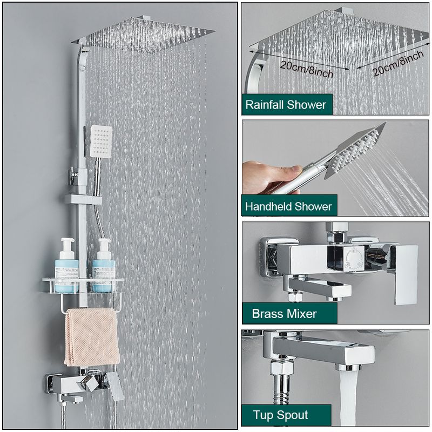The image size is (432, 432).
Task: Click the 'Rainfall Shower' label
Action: click(x=286, y=105)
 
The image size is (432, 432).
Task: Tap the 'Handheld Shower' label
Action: click(x=288, y=206)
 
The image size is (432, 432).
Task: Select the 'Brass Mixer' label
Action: click(x=284, y=314)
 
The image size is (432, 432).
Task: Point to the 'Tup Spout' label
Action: click(x=280, y=415)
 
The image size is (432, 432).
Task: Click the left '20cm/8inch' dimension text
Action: click(x=307, y=69)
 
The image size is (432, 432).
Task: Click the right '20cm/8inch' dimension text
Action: click(x=398, y=63)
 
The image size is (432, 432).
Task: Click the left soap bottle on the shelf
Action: click(x=66, y=265)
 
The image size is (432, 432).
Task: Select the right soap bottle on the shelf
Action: click(x=104, y=265)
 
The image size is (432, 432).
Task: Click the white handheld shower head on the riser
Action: click(x=101, y=141)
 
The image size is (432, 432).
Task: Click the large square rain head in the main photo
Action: click(x=143, y=35)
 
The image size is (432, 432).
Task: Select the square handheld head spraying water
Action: click(x=354, y=151)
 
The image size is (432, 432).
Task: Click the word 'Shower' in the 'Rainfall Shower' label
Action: click(x=306, y=105)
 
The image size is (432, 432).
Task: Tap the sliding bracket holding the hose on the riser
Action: click(x=83, y=199)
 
